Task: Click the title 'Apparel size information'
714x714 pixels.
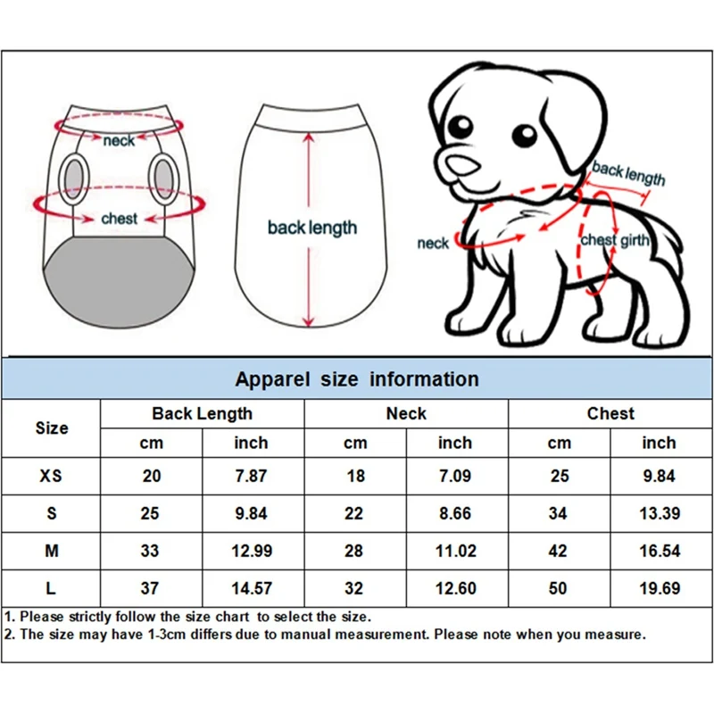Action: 357,378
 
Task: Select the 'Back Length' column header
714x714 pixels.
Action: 202,413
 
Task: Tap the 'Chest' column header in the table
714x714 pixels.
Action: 610,413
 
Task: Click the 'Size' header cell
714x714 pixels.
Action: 51,428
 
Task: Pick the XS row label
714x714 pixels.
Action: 51,476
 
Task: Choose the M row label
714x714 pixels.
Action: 51,552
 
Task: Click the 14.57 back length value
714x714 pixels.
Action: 251,589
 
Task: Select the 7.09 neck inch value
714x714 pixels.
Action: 454,476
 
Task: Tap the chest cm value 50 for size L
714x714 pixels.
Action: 559,589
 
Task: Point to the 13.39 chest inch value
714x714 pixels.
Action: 659,513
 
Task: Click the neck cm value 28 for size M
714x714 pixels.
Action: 354,552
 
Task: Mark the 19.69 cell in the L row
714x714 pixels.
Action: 659,589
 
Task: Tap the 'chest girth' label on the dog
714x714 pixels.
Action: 615,240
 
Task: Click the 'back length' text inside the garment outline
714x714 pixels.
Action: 311,228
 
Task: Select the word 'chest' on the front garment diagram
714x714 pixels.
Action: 119,219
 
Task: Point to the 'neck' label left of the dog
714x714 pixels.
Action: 433,244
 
